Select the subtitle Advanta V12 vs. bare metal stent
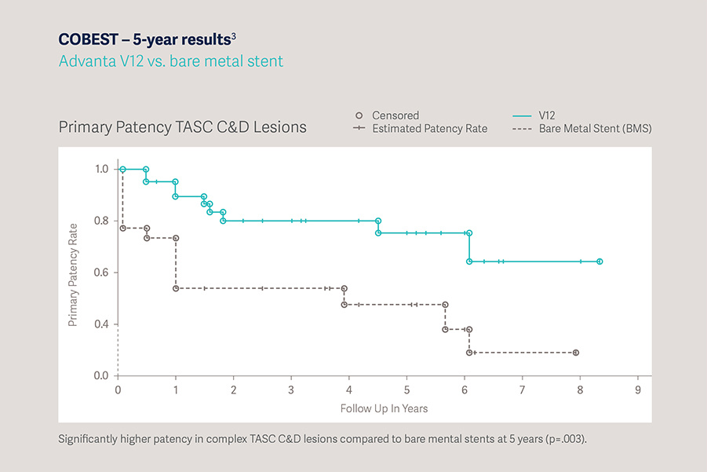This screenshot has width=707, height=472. [x=170, y=60]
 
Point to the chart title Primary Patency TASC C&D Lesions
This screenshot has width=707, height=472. [x=182, y=126]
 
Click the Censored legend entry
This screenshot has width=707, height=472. [x=395, y=115]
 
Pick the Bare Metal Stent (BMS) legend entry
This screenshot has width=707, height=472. [x=595, y=129]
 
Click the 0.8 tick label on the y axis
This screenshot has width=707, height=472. [x=102, y=221]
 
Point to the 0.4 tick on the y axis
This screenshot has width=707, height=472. [x=102, y=324]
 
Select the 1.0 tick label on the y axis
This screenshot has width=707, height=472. [x=102, y=169]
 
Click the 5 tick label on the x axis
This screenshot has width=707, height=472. [x=406, y=390]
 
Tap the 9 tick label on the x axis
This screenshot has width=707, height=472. [x=638, y=390]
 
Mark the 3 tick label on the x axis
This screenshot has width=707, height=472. [x=291, y=390]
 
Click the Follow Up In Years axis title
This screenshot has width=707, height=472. [x=384, y=408]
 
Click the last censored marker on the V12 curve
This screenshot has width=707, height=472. [x=599, y=262]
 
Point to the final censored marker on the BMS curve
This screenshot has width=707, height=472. [x=576, y=353]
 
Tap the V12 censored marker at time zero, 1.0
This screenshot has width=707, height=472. [x=122, y=169]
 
